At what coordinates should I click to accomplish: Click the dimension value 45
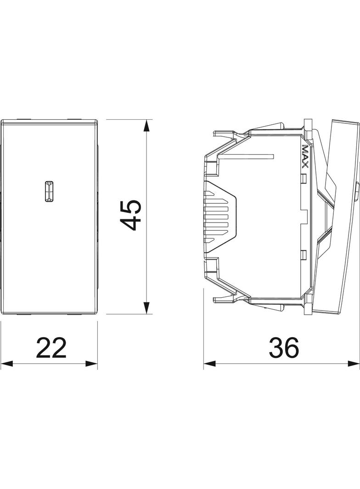pos(130,215)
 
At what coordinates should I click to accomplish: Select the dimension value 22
pos(51,347)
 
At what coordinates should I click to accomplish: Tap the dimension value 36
pos(284,347)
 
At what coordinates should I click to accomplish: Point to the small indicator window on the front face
pos(48,190)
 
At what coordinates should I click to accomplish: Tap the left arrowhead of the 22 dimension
pos(7,364)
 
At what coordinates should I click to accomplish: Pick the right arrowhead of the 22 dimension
pos(91,364)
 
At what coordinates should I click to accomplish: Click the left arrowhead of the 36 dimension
pos(210,364)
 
